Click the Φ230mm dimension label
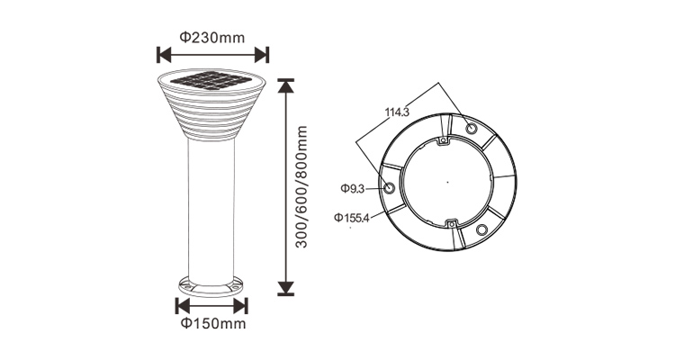point(212,38)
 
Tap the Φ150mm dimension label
point(213,323)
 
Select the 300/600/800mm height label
point(301,187)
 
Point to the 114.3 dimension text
point(397,112)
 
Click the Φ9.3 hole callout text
point(352,189)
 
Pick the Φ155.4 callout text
point(351,218)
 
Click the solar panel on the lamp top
point(211,80)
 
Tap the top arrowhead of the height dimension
point(286,86)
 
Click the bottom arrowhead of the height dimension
point(286,288)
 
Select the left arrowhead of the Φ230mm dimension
point(165,55)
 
